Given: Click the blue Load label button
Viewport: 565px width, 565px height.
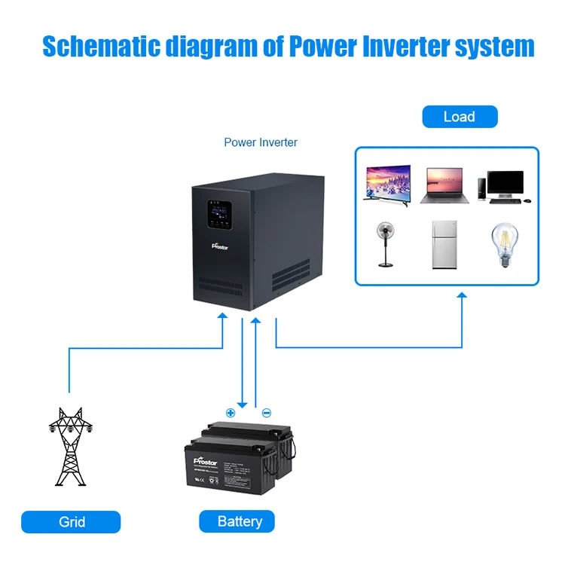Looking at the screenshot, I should tap(460, 117).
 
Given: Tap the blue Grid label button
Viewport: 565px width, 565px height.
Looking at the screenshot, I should tap(72, 522).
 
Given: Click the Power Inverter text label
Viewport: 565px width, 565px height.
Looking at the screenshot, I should tap(261, 142).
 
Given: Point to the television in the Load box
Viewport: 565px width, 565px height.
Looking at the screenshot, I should tap(387, 183).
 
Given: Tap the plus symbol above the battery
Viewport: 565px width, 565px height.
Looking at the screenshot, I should tap(231, 412).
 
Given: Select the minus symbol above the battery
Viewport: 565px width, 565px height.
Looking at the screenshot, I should tap(266, 412).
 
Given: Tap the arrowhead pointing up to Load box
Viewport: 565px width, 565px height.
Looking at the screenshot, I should tap(462, 298).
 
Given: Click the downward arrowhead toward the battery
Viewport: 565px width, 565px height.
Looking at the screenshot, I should tap(242, 403).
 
